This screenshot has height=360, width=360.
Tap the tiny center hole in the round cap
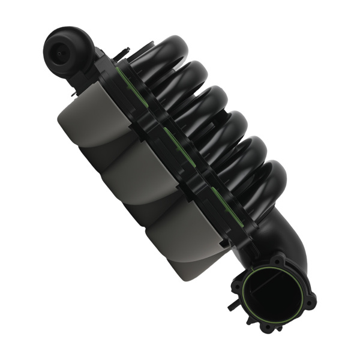coord(61,51)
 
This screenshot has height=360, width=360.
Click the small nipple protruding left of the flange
coord(230,304)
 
